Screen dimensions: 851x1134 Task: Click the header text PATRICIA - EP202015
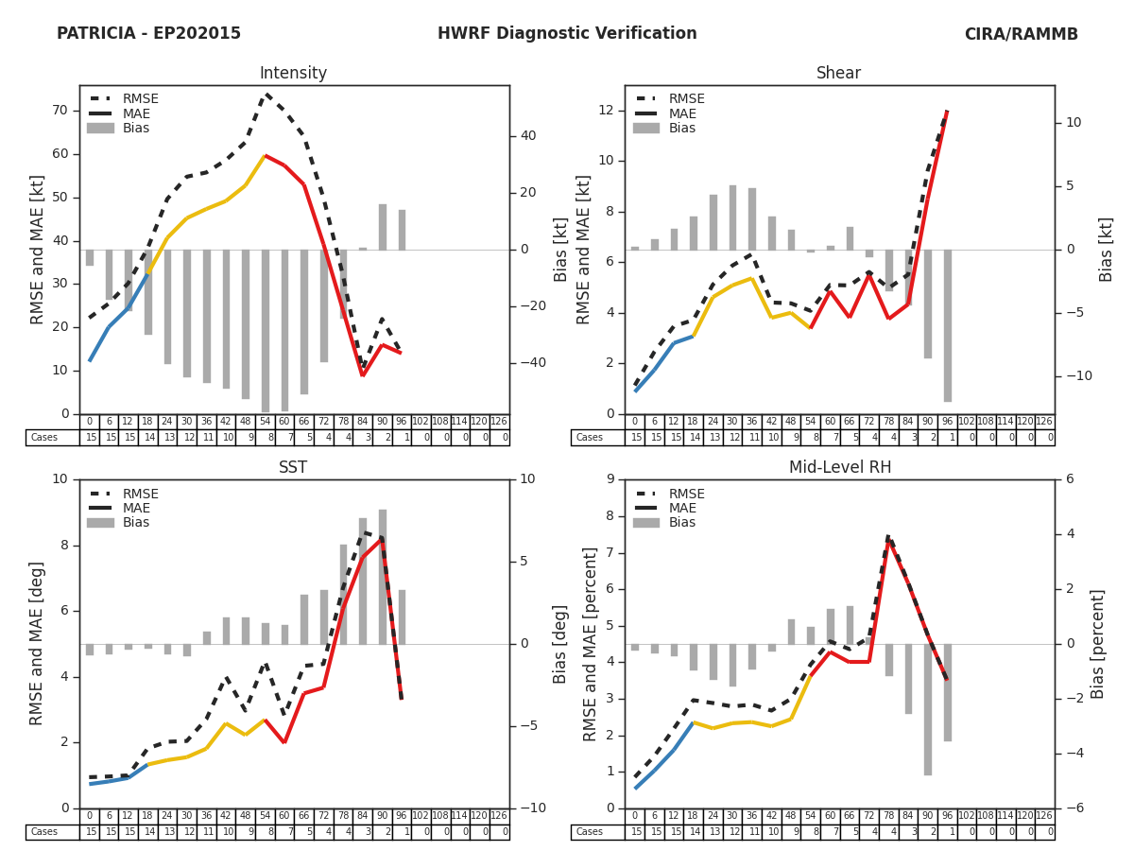148,34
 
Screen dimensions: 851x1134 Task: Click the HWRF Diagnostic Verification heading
567,34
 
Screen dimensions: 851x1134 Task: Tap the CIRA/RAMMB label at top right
1021,34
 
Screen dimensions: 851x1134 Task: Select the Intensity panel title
293,74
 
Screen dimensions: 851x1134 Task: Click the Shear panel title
838,74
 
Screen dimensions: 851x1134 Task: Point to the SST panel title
293,468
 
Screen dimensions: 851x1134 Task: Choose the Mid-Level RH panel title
838,468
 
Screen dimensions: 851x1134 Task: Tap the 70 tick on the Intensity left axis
60,111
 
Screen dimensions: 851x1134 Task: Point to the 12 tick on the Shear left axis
607,111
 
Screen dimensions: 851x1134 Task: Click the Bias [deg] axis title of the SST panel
560,643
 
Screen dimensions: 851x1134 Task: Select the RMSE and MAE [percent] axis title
591,643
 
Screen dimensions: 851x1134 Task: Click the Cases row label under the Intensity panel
44,438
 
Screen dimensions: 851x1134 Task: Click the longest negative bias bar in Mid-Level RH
928,709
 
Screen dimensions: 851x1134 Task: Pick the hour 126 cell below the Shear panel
1044,422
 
